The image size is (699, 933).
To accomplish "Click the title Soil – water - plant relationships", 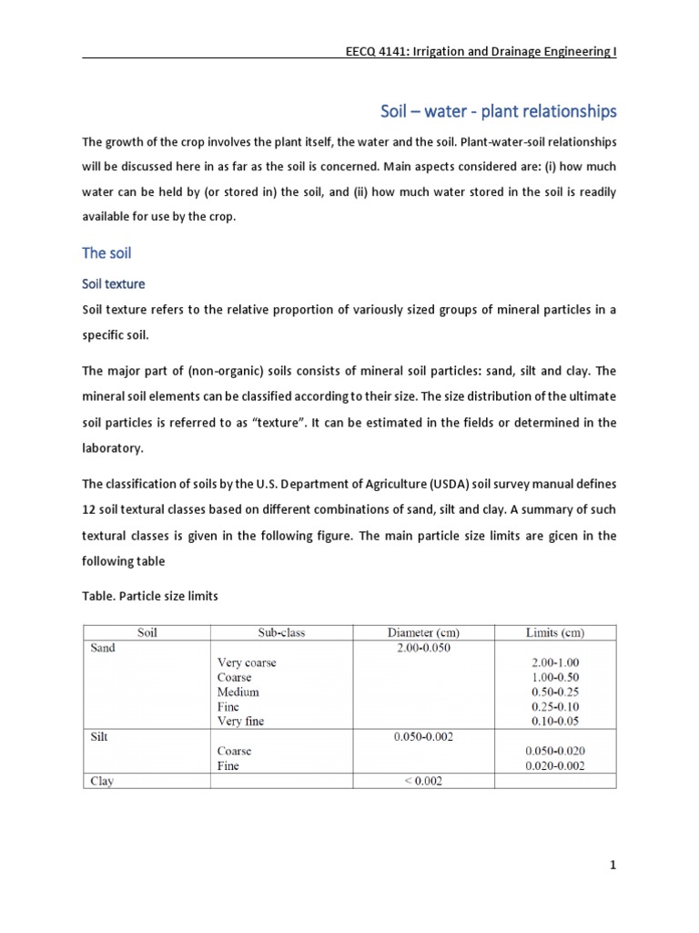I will point(498,111).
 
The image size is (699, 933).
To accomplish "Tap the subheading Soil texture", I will point(114,284).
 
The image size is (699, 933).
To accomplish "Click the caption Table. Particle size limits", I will point(150,596).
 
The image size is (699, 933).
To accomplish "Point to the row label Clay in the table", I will point(101,781).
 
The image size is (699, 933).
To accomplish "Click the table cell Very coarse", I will point(246,663).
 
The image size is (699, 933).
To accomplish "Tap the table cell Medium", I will point(238,692).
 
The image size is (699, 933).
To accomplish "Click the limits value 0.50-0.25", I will point(555,692).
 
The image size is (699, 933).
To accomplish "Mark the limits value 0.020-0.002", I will point(555,766).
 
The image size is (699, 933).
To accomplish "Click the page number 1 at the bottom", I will point(613,866).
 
